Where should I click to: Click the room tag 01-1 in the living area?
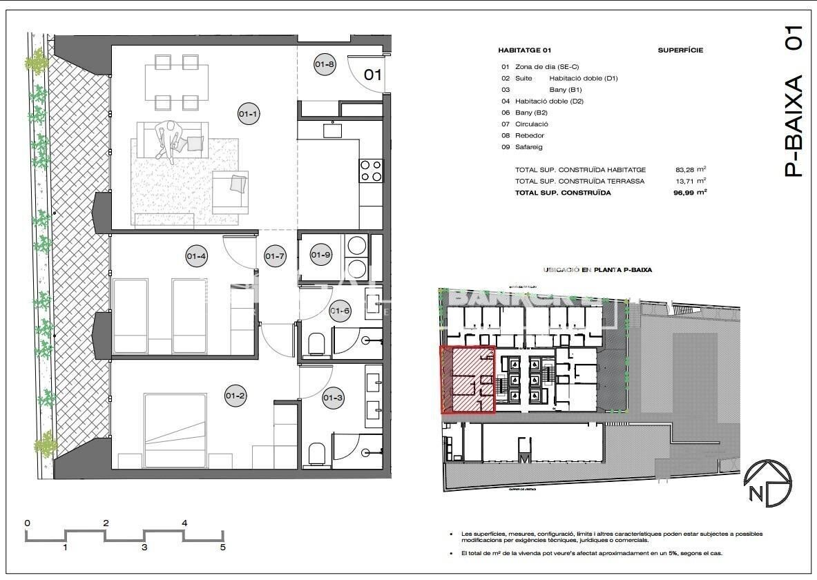(249, 114)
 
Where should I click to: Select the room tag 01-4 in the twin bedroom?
(197, 257)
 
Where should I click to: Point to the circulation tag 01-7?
(274, 257)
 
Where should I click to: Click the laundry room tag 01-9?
(321, 255)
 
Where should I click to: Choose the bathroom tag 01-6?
(340, 311)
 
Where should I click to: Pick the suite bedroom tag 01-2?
(235, 396)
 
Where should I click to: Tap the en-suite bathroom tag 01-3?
(333, 398)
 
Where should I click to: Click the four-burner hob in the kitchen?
(371, 171)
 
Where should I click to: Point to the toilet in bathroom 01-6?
(316, 343)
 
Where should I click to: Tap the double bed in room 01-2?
(175, 423)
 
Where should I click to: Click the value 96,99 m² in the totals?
(691, 193)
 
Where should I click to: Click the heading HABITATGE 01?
(524, 50)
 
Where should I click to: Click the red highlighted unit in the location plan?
(468, 380)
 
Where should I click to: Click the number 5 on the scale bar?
(222, 548)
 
